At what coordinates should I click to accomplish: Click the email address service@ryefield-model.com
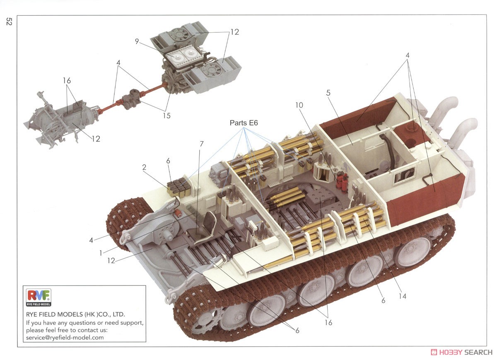[65, 337]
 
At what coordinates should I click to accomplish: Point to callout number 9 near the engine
[136, 41]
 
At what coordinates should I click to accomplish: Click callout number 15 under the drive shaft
[166, 115]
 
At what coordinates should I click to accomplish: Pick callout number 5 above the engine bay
[328, 93]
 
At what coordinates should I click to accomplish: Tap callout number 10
[299, 105]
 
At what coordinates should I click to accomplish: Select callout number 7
[202, 144]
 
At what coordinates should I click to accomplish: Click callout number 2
[144, 167]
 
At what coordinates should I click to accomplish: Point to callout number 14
[402, 296]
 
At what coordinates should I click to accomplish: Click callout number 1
[100, 251]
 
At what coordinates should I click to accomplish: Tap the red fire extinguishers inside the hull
[342, 181]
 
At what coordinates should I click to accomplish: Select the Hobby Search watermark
[461, 352]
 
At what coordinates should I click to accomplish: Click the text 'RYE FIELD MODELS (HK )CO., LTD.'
[75, 314]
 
